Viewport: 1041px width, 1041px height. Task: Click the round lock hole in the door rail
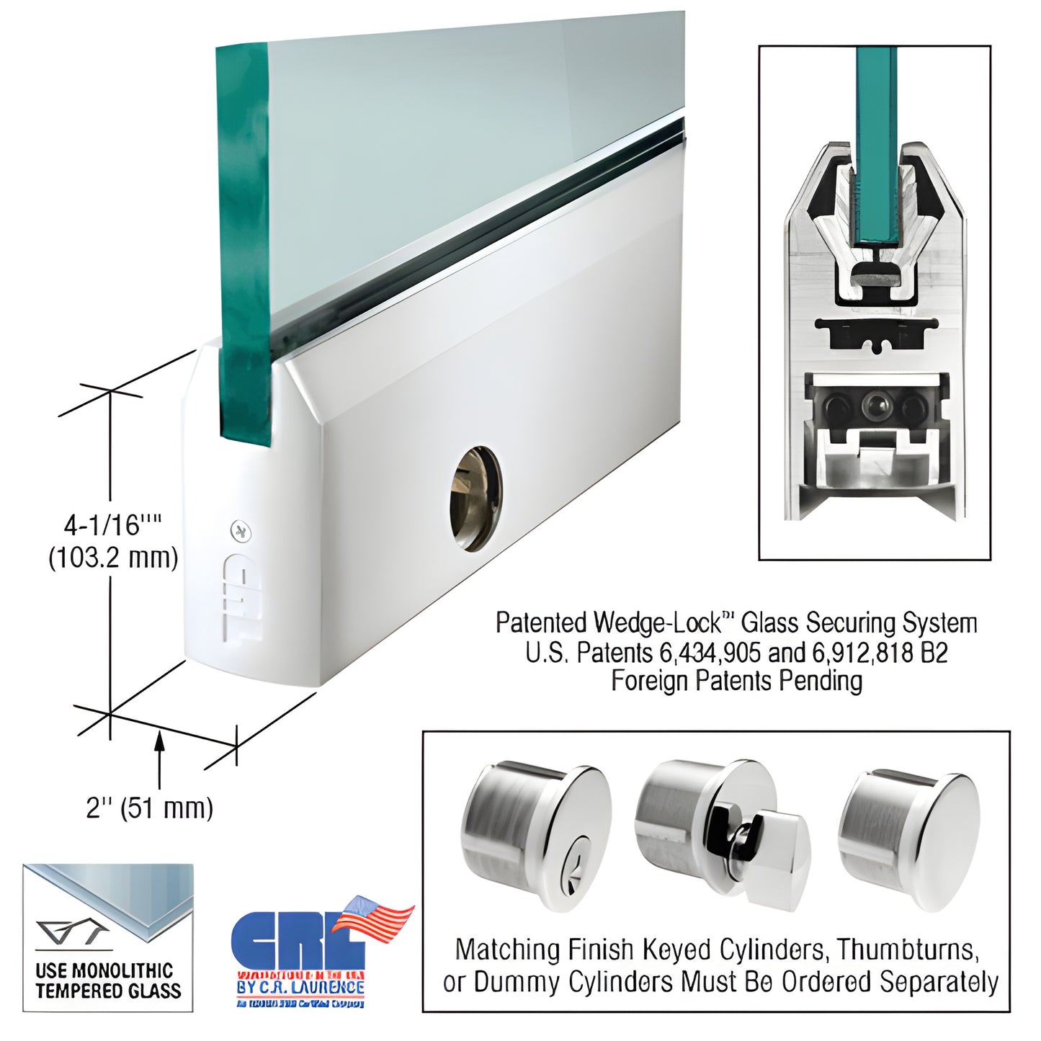point(476,499)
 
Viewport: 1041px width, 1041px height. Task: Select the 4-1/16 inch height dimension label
point(111,525)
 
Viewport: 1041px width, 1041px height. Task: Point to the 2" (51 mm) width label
point(150,808)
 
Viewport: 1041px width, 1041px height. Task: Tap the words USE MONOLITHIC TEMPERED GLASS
point(108,981)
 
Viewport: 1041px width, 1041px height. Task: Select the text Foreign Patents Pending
point(736,681)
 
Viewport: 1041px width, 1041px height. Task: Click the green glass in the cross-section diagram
point(876,144)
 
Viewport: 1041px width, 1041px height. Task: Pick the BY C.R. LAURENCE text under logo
point(300,986)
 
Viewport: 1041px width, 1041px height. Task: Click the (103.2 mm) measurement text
point(113,558)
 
